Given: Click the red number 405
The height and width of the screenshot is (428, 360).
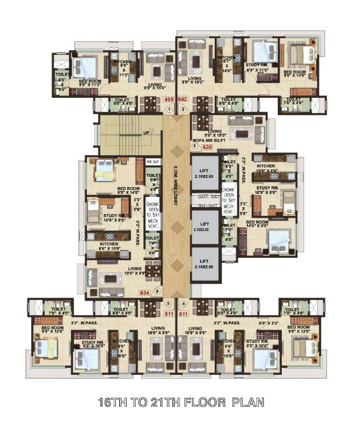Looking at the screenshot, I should (169, 100).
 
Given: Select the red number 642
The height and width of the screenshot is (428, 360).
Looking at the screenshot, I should (183, 100).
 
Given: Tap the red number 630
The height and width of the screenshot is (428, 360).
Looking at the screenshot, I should (208, 147).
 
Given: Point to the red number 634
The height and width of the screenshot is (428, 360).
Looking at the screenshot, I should (145, 292).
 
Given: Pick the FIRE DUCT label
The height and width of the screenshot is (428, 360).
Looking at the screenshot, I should (153, 163).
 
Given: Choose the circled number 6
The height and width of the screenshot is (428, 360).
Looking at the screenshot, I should (157, 291).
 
